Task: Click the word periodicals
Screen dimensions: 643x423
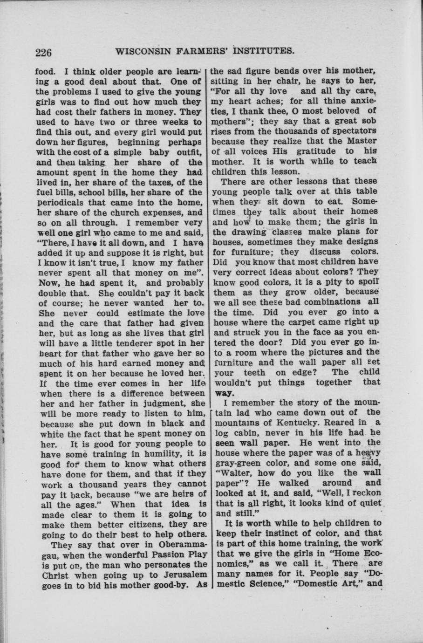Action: [62, 203]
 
